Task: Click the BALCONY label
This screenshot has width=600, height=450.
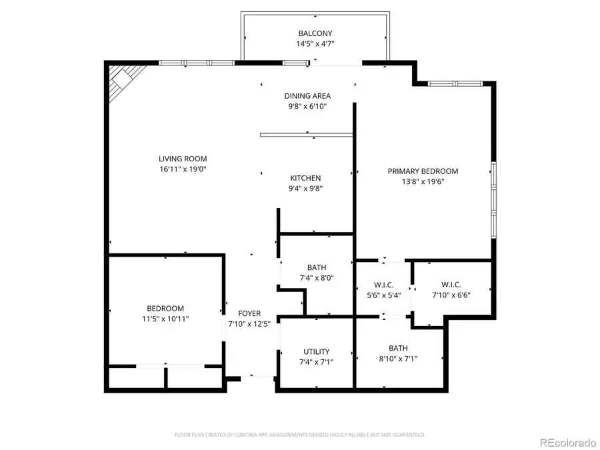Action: tap(315, 33)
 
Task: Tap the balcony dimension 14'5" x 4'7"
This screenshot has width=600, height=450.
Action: tap(315, 44)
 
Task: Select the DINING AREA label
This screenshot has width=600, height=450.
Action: tap(307, 96)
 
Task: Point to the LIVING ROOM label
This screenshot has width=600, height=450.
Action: tap(183, 159)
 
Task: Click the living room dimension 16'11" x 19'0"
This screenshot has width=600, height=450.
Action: tap(183, 169)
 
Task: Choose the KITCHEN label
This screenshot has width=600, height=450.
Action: tap(305, 178)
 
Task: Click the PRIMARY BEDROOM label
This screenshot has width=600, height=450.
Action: tap(423, 171)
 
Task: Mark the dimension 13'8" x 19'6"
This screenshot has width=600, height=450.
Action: tap(423, 182)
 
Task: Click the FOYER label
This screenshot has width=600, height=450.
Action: tap(249, 313)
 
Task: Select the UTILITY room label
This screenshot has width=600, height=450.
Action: tap(316, 351)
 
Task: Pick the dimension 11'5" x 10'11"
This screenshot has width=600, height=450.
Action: tap(165, 319)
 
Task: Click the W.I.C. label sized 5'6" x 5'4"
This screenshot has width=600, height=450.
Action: tap(383, 285)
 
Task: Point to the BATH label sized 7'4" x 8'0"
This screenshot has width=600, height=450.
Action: tap(316, 267)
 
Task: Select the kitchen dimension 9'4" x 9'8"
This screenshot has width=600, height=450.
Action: tap(305, 189)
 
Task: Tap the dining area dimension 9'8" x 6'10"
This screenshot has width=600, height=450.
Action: tap(307, 107)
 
